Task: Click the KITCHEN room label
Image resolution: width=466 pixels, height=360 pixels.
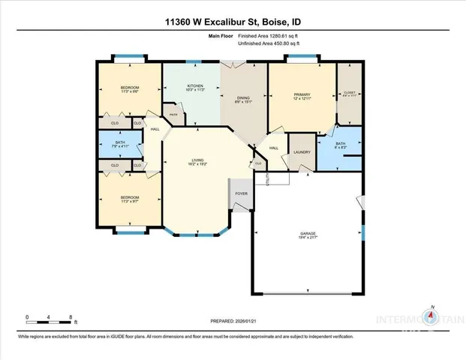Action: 196,86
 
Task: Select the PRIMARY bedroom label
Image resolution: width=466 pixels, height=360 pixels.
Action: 302,95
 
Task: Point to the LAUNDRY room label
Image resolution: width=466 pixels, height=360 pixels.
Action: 302,151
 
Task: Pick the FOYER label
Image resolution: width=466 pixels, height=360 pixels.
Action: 242,193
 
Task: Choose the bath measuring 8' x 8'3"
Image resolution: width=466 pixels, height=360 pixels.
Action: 340,145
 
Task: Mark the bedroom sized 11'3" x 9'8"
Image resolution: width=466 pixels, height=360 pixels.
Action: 129,89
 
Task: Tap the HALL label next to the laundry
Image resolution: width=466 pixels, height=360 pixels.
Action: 274,148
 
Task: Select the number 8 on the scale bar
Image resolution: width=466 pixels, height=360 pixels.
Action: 70,317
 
